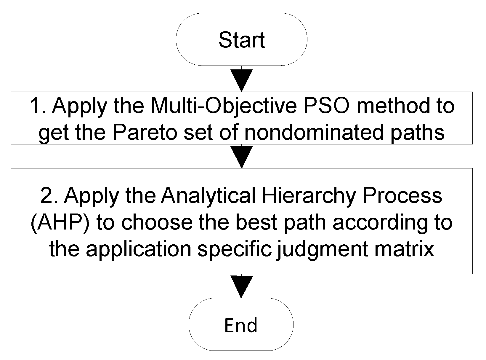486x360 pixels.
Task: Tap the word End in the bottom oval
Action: coord(241,325)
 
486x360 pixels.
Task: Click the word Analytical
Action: coord(208,195)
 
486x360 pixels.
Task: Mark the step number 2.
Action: coord(48,195)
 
